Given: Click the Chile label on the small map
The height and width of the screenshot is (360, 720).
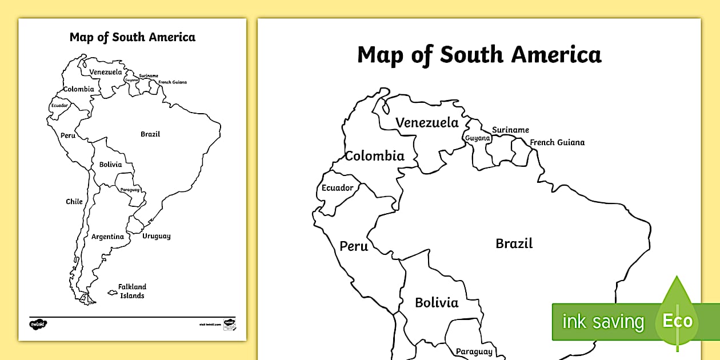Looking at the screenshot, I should [74, 201].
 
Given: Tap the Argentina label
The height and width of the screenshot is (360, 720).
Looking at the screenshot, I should [107, 237].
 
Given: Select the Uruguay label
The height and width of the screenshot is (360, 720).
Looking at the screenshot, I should [156, 236].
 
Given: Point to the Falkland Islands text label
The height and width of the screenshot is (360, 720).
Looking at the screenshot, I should [132, 291].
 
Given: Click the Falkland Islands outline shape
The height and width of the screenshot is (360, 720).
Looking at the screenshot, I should [113, 293].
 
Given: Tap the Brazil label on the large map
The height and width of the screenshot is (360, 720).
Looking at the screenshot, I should [514, 243].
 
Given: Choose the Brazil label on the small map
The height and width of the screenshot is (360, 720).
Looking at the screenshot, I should [150, 134].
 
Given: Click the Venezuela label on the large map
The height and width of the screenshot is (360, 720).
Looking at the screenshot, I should [427, 123].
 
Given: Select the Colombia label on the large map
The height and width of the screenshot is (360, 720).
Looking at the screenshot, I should [374, 156].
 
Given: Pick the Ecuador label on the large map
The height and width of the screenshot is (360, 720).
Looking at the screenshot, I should [337, 188].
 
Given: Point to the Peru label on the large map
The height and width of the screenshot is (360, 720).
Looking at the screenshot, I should [354, 246].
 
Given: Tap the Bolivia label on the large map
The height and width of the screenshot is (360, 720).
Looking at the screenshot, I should [437, 303].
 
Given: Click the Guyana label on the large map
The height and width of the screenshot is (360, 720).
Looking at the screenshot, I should [477, 138].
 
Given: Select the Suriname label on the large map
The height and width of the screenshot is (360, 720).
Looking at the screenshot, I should [510, 130].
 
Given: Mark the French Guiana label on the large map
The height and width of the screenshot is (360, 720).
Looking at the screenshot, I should [557, 142].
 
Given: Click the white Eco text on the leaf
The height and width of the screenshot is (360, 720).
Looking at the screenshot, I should [677, 321].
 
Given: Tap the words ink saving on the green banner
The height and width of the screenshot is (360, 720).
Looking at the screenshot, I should [602, 322].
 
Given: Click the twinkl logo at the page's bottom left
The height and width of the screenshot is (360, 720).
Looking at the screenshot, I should [38, 324].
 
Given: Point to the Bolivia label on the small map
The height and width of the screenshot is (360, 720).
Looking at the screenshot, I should [110, 165].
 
